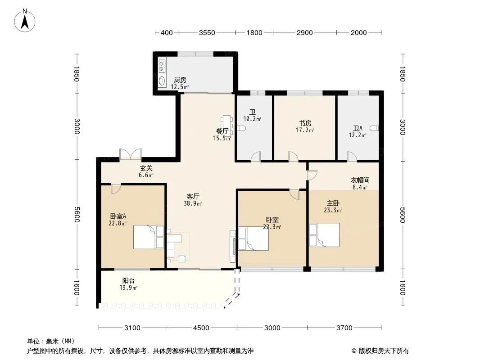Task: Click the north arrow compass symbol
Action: (25, 21)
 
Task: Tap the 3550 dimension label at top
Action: (207, 33)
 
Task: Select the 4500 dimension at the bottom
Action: (201, 328)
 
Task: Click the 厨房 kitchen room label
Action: (180, 80)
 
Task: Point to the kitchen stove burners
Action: (162, 66)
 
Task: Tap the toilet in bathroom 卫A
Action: (374, 128)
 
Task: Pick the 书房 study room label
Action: (305, 123)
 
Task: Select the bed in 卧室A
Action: (149, 237)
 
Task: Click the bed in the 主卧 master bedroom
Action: (324, 235)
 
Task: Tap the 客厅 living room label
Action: (193, 196)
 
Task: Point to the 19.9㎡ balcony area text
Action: (128, 288)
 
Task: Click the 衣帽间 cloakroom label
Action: (360, 180)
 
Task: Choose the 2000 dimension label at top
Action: (358, 33)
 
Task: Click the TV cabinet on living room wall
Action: (233, 246)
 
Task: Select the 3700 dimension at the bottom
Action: (344, 328)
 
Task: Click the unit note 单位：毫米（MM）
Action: (51, 341)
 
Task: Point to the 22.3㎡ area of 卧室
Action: (272, 227)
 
